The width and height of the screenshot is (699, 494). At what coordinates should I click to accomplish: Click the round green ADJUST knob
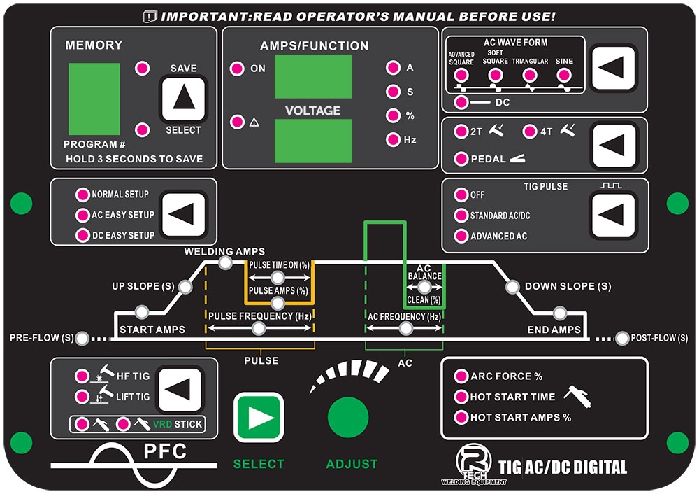click(x=348, y=417)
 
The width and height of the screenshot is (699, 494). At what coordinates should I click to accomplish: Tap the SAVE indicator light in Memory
click(x=143, y=69)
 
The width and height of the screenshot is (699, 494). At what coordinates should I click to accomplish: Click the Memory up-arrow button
click(x=184, y=99)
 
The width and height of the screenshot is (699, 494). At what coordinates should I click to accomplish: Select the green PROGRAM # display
click(x=94, y=99)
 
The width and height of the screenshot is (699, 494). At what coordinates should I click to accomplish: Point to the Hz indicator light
click(x=392, y=139)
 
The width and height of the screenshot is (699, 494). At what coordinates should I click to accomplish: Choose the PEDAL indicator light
click(x=461, y=159)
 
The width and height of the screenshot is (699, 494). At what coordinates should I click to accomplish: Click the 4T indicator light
click(x=528, y=131)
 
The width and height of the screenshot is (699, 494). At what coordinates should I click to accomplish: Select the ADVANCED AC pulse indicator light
click(x=461, y=236)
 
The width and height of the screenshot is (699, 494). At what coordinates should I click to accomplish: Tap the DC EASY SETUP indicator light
click(x=82, y=235)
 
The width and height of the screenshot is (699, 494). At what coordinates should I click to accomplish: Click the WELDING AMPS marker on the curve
click(x=225, y=263)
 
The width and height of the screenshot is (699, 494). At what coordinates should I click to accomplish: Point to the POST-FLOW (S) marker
click(x=622, y=339)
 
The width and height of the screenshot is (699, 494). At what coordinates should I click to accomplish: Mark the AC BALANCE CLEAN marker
click(x=424, y=287)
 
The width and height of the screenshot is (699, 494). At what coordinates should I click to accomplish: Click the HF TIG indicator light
click(x=82, y=376)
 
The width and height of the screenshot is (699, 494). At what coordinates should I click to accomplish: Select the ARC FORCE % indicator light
click(x=461, y=376)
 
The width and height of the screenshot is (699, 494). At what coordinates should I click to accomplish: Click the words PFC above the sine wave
click(x=165, y=451)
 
